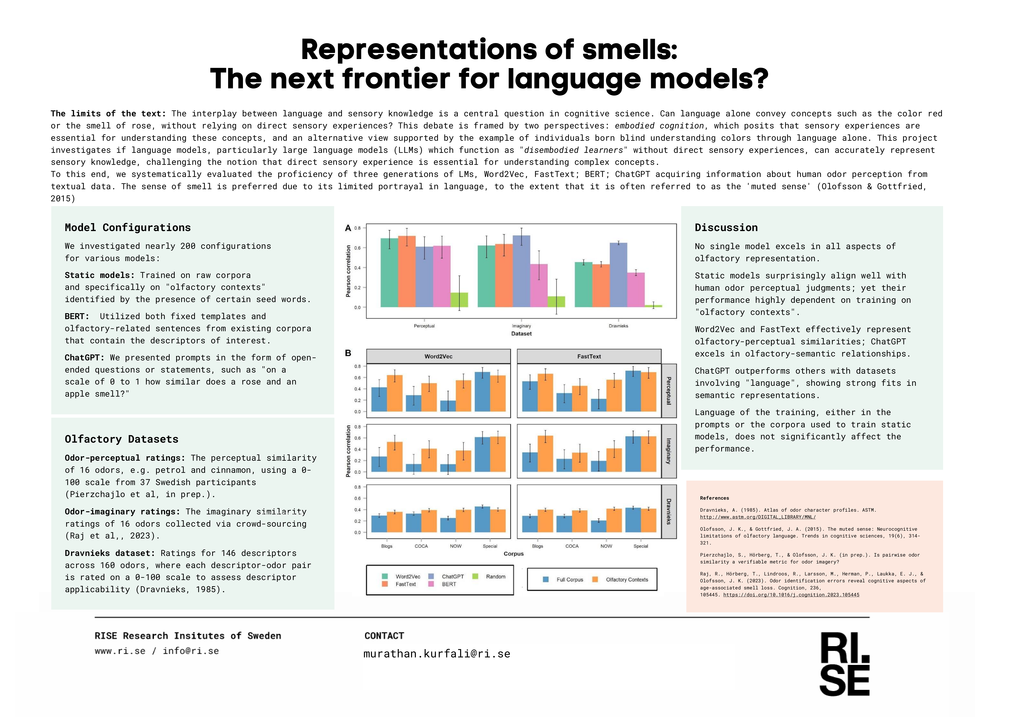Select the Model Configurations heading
128,227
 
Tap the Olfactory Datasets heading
121,439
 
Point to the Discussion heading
726,227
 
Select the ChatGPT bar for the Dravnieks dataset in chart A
618,275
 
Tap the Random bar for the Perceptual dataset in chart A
459,300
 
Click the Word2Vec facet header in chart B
439,356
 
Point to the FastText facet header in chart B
589,356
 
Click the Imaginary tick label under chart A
521,326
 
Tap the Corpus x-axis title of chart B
514,554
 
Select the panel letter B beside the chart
348,353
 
